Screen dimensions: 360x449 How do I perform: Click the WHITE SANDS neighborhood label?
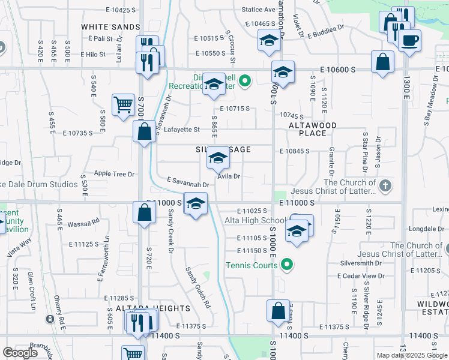pos(110,27)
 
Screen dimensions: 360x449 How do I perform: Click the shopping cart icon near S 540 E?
pos(123,104)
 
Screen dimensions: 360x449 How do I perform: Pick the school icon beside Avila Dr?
pos(217,157)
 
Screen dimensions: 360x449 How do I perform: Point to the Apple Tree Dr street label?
pos(113,174)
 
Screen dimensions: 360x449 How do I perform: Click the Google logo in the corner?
pos(20,353)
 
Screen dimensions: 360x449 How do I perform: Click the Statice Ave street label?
pos(258,10)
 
